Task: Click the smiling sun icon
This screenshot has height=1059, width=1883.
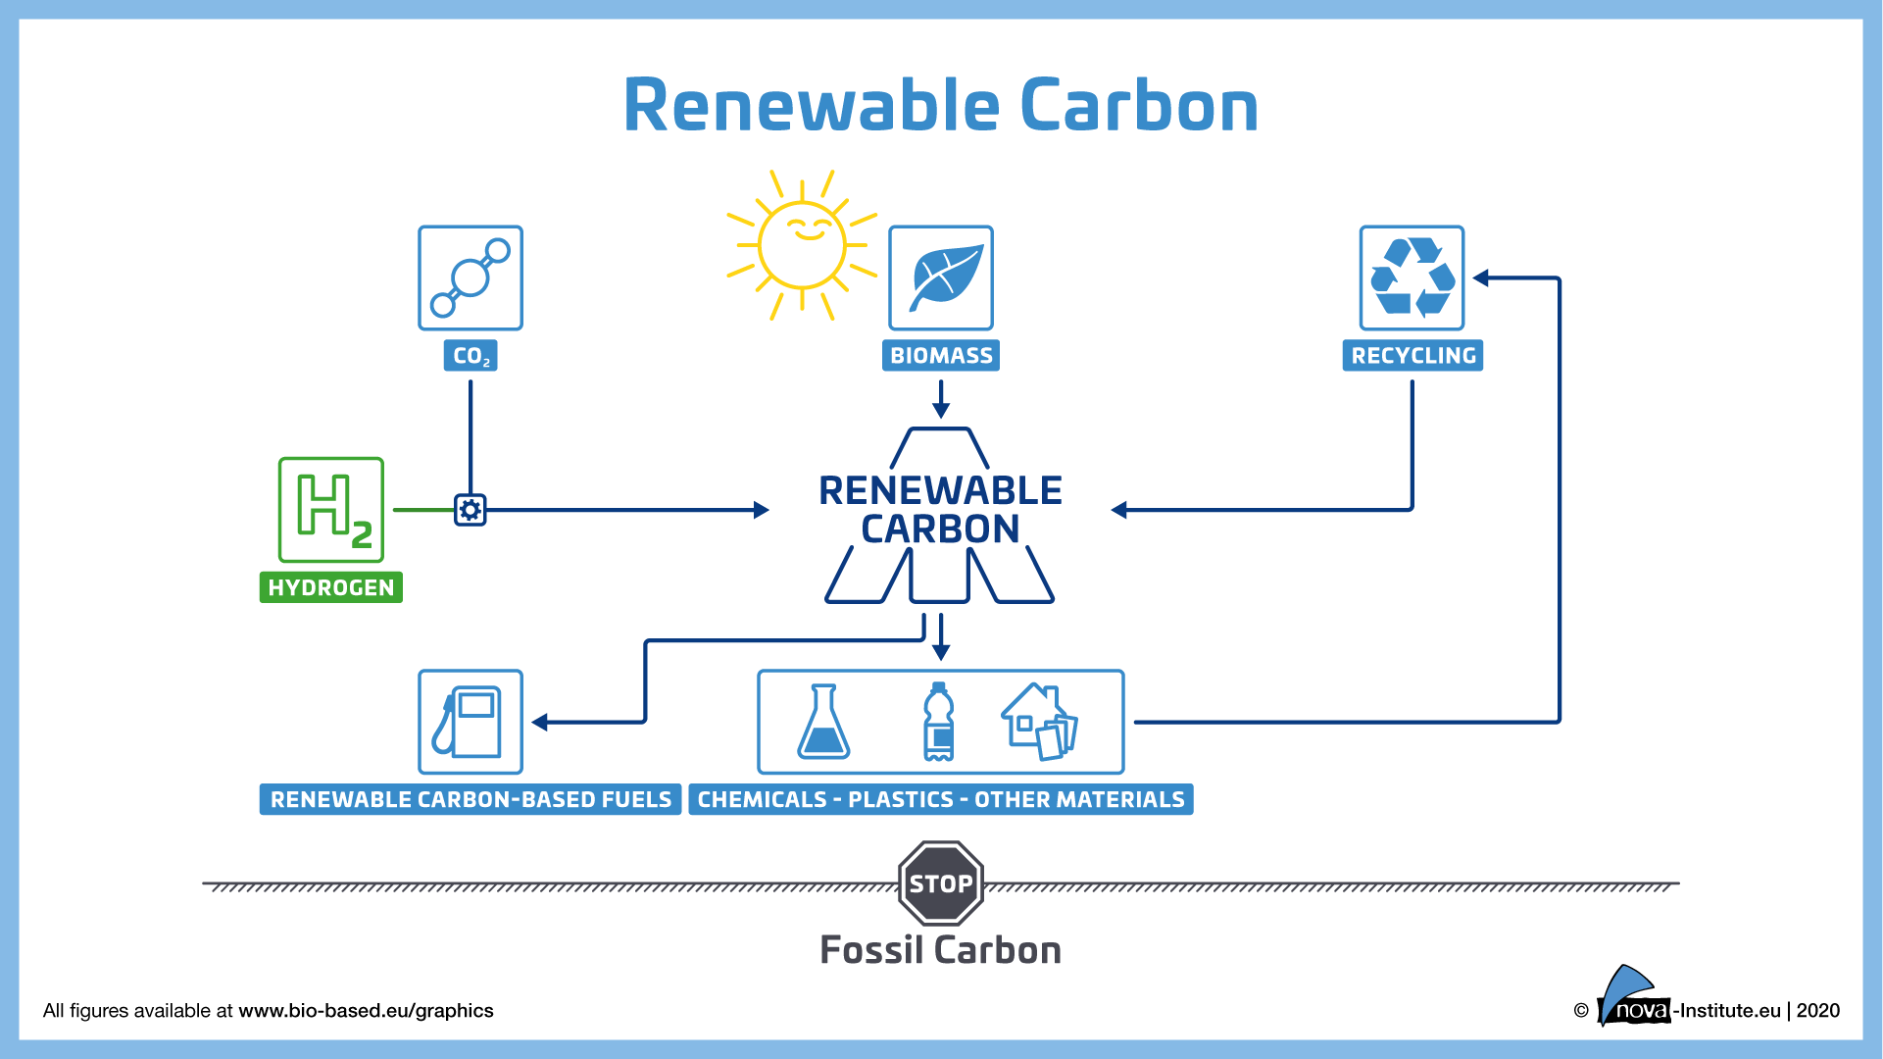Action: coord(802,244)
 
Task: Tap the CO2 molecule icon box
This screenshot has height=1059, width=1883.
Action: coord(471,277)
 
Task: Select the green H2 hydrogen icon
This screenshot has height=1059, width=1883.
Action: coord(331,509)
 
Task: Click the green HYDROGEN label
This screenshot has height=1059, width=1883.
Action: coord(331,587)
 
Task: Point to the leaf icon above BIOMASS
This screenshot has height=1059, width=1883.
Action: coord(941,277)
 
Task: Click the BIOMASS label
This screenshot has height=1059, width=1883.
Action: coord(941,355)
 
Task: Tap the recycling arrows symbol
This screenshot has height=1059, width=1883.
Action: coord(1412,277)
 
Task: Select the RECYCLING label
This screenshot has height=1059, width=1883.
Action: coord(1412,355)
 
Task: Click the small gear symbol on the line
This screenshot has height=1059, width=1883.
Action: coord(471,510)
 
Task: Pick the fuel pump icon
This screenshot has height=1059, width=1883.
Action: coord(471,722)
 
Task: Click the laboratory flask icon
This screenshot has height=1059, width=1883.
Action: coord(823,723)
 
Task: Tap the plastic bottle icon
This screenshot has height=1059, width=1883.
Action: coord(939,722)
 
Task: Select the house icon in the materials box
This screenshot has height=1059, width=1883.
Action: coord(1039,722)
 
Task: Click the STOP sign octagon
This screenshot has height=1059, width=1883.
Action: coord(941,882)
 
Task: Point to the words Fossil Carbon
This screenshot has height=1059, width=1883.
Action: coord(941,950)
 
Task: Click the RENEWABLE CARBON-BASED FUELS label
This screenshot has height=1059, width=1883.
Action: coord(471,799)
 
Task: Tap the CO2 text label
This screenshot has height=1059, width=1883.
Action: coord(471,355)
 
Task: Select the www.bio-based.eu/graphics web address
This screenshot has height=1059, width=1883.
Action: coord(366,1011)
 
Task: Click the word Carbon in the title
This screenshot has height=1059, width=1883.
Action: coord(1139,106)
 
